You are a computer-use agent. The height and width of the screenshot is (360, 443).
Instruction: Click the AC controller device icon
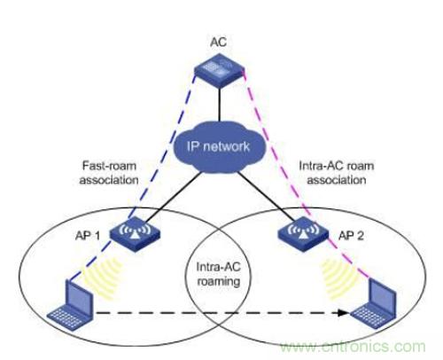click(x=219, y=70)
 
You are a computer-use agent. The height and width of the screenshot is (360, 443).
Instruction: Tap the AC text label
click(x=219, y=43)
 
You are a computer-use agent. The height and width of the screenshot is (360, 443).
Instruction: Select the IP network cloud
click(x=219, y=146)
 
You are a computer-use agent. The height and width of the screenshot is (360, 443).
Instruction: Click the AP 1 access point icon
click(x=135, y=234)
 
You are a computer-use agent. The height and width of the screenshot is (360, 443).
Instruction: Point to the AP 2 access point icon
click(x=303, y=234)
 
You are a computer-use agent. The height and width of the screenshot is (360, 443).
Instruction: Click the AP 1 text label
click(x=88, y=236)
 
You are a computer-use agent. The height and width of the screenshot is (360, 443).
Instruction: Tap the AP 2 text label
click(x=351, y=236)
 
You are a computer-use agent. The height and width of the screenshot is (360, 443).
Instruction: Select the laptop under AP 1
click(x=71, y=306)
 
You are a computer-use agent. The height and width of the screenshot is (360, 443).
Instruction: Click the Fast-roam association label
click(x=109, y=173)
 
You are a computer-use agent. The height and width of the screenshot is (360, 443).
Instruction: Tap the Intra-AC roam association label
click(x=337, y=173)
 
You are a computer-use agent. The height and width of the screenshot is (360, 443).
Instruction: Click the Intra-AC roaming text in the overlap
click(x=219, y=274)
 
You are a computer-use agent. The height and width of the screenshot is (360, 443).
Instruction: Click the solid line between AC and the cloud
click(x=219, y=105)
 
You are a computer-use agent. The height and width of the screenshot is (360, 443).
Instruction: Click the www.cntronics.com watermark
click(x=353, y=346)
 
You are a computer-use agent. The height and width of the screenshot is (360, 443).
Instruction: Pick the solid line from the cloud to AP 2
click(x=268, y=197)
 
